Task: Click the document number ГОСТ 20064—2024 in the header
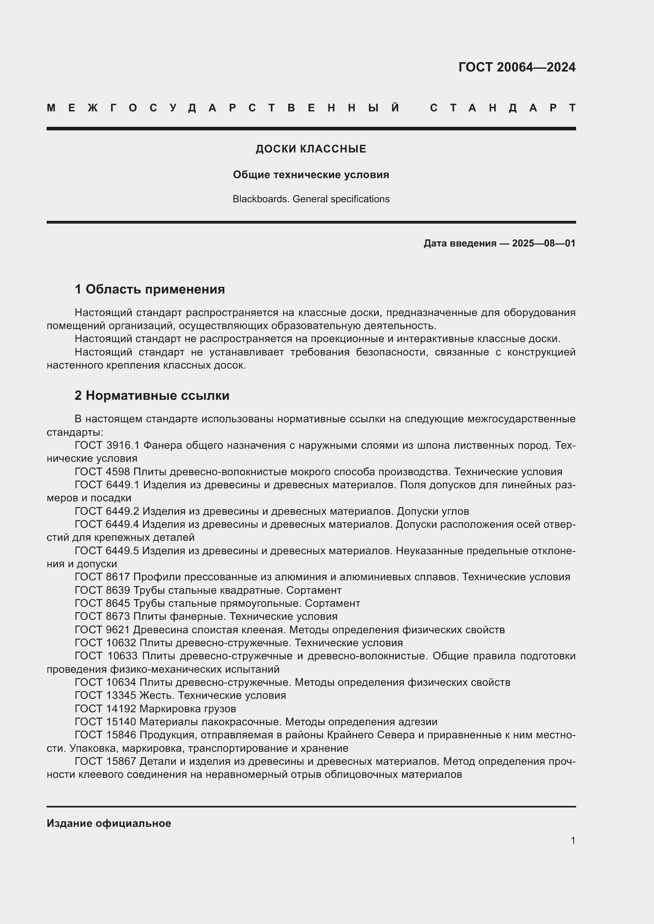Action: pos(517,67)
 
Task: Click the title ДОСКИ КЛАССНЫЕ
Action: pos(311,149)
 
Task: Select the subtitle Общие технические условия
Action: pos(311,175)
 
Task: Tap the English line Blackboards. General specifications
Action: pos(311,199)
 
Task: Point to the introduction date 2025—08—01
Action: pos(543,243)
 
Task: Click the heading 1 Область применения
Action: pos(150,289)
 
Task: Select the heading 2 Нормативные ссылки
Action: pos(152,395)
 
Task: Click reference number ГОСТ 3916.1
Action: pos(107,445)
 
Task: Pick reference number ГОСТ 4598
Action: pos(102,472)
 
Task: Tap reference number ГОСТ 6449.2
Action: pos(107,511)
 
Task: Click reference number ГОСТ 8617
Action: pos(102,577)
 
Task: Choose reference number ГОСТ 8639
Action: pos(102,590)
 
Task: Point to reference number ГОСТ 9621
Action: pos(102,629)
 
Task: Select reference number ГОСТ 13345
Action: pos(106,695)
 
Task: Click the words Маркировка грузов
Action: pos(188,708)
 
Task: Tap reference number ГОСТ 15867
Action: pos(106,761)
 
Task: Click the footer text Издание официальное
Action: pos(109,823)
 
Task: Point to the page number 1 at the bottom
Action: pos(573,840)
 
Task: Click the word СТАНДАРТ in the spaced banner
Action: pos(503,108)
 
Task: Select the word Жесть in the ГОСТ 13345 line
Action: pos(156,695)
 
